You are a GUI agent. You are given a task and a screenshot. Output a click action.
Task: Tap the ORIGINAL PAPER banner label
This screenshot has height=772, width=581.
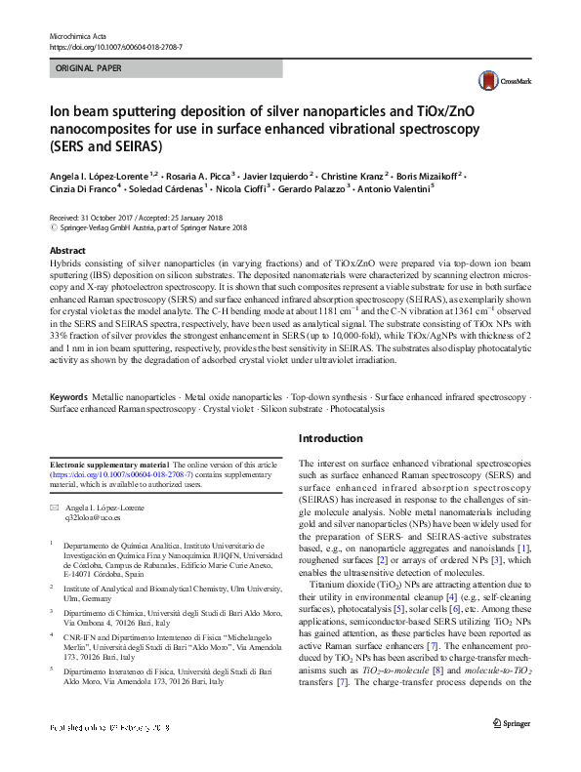[89, 69]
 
